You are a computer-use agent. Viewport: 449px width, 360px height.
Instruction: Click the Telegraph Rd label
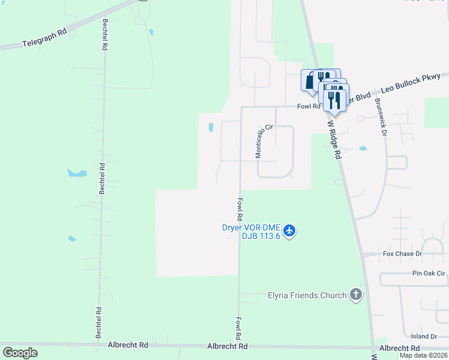pos(44,40)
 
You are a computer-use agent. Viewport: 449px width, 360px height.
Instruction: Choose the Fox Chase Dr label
pos(403,254)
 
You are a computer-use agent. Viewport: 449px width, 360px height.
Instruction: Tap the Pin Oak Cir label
pos(429,273)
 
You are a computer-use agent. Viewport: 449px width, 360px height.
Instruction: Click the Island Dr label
pos(424,336)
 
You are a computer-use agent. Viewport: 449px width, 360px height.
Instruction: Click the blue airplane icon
pos(289,231)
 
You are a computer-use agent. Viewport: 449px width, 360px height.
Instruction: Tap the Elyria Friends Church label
pos(307,295)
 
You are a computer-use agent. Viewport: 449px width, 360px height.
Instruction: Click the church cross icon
pos(356,295)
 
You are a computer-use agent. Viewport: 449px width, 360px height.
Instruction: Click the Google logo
pos(20,353)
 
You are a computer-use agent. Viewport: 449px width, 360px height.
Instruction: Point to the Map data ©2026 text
pos(423,355)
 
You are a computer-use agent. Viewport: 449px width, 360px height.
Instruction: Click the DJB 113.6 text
pos(253,236)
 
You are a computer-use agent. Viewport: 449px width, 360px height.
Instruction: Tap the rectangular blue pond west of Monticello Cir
pos(211,127)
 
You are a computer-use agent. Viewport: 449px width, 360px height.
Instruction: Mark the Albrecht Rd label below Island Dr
pos(399,348)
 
